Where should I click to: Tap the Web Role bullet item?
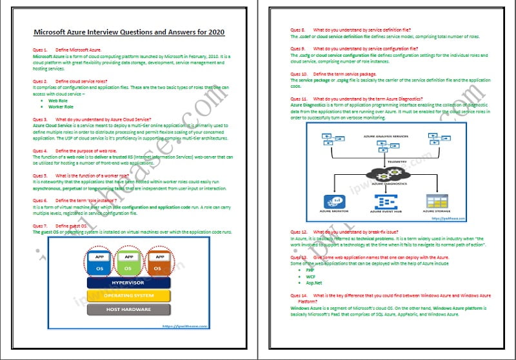point(58,101)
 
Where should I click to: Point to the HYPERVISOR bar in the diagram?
point(128,282)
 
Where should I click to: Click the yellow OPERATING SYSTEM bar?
point(128,295)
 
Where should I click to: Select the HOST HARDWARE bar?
point(128,310)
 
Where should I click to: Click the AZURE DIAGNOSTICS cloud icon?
point(386,175)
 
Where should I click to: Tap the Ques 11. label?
point(299,97)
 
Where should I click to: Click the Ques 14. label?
point(299,295)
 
